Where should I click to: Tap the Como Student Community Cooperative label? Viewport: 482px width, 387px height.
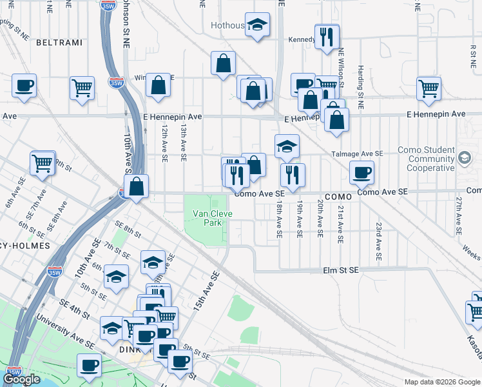click(426, 159)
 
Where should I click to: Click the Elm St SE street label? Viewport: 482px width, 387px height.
click(340, 272)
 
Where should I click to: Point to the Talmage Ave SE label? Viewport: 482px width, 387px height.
click(357, 154)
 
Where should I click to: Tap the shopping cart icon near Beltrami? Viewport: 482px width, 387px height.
click(82, 87)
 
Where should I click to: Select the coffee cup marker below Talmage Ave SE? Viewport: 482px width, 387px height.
click(361, 172)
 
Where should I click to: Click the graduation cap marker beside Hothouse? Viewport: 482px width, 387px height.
click(257, 25)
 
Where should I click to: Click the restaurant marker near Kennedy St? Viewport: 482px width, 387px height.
click(327, 36)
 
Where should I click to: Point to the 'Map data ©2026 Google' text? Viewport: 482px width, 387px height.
click(441, 382)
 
